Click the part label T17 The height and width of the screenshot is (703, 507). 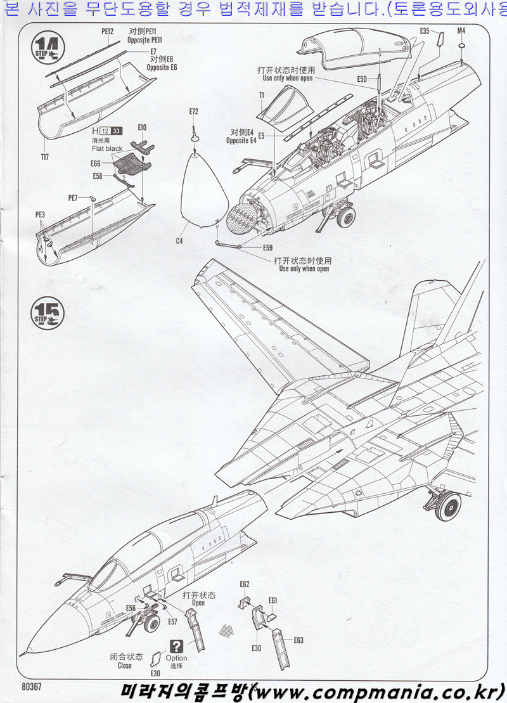pyautogui.click(x=44, y=156)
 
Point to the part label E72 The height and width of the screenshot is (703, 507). pyautogui.click(x=193, y=112)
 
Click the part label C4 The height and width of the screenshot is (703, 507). pyautogui.click(x=179, y=241)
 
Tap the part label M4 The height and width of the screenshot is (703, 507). pyautogui.click(x=461, y=30)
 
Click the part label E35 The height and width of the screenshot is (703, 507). pyautogui.click(x=425, y=30)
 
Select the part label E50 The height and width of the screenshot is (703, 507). pyautogui.click(x=362, y=79)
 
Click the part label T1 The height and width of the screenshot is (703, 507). pyautogui.click(x=261, y=94)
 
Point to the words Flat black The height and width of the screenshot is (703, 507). pyautogui.click(x=106, y=148)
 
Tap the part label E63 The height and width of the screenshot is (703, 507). pyautogui.click(x=298, y=640)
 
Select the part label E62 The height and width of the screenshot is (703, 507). pyautogui.click(x=245, y=584)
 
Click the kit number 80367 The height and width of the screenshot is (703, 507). pyautogui.click(x=31, y=686)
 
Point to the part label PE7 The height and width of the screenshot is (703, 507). pyautogui.click(x=74, y=198)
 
